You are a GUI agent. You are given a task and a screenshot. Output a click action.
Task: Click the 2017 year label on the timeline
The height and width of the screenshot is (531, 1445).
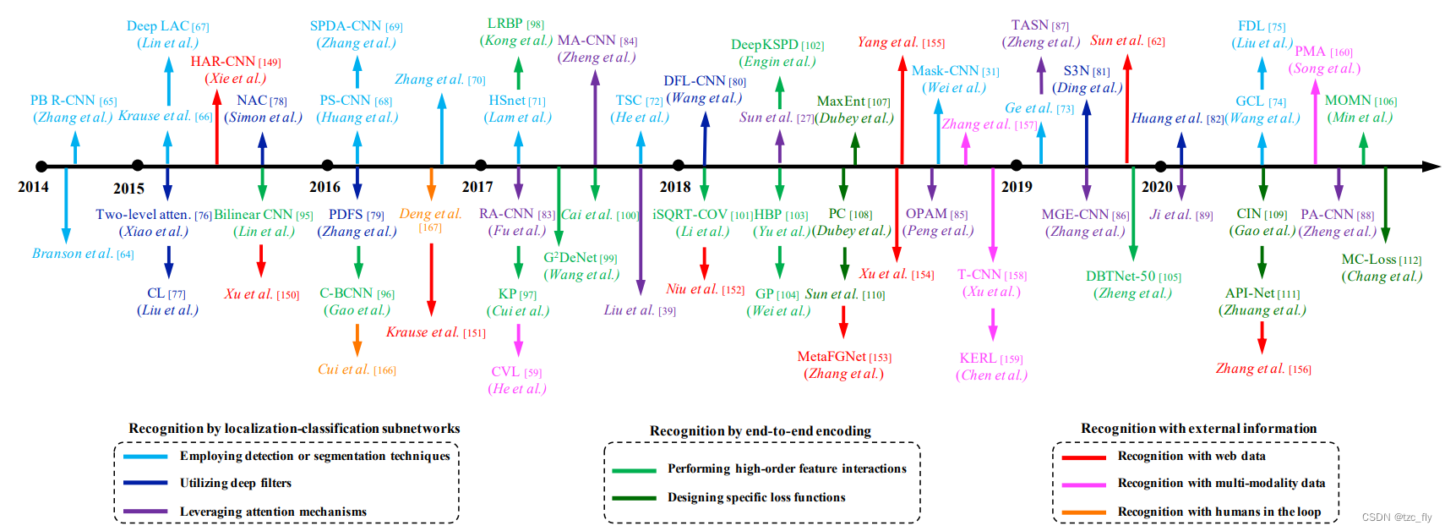click(x=477, y=187)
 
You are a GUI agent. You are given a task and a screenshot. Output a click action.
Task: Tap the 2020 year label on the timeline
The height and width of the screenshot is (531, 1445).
click(x=1157, y=187)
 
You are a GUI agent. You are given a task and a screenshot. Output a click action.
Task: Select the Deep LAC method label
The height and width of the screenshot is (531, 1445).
click(x=158, y=26)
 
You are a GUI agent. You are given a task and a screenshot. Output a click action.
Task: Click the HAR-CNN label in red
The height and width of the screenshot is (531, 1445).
click(x=223, y=61)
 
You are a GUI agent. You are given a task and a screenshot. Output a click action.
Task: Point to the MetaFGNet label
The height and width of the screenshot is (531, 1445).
click(x=832, y=357)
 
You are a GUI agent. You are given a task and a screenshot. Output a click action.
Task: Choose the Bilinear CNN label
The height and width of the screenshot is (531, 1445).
click(x=254, y=215)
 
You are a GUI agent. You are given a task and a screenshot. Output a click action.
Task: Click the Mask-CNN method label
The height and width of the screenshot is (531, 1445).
click(x=945, y=71)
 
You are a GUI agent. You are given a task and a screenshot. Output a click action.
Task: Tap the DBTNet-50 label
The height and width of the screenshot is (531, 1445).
click(x=1121, y=276)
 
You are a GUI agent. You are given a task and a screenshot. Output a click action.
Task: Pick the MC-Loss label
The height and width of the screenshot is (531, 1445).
click(x=1369, y=260)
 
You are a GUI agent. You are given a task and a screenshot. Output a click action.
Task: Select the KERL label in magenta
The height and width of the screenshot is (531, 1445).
click(x=978, y=359)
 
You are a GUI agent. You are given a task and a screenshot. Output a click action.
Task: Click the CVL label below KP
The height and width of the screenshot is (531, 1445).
click(x=505, y=372)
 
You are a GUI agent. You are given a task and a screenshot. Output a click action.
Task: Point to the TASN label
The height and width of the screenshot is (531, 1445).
click(x=1029, y=25)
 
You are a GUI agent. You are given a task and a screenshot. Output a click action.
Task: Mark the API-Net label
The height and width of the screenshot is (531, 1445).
click(x=1250, y=293)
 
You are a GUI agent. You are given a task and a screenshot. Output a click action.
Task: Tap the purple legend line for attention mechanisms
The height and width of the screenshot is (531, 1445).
click(x=145, y=512)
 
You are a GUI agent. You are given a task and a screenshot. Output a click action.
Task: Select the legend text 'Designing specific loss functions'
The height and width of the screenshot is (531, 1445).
click(x=756, y=497)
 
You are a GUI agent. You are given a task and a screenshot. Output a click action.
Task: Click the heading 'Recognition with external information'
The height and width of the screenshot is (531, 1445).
click(x=1198, y=429)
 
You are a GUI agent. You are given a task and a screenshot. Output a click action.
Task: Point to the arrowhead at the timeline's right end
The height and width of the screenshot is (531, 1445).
click(x=1431, y=167)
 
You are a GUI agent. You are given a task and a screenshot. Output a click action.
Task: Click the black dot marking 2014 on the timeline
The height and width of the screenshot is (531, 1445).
click(x=41, y=167)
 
